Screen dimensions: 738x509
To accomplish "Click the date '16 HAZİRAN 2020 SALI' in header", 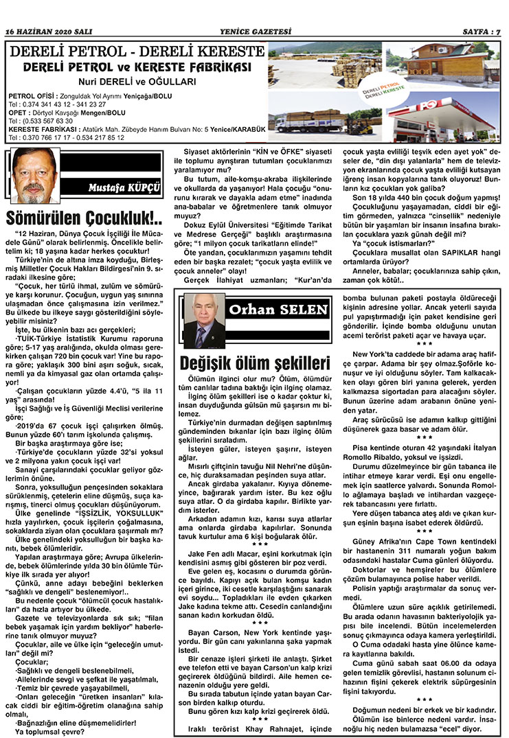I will click(x=48, y=32).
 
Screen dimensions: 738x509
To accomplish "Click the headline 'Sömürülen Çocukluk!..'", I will click(x=84, y=219).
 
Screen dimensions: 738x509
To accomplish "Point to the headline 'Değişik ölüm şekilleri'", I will click(x=256, y=362).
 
